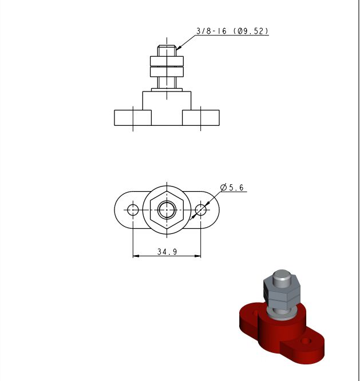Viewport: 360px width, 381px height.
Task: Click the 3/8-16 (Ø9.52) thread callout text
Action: [232, 31]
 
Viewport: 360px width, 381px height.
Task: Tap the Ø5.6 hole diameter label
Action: [232, 187]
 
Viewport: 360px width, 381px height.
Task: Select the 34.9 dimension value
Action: [167, 252]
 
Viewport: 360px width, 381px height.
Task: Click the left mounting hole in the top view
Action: [133, 210]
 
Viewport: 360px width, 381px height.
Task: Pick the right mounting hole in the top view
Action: [201, 210]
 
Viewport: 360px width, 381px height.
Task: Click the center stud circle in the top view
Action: [167, 210]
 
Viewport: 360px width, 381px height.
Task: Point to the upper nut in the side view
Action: [167, 61]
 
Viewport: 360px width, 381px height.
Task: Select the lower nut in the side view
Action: [167, 72]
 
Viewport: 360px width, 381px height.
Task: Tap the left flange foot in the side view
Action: [133, 118]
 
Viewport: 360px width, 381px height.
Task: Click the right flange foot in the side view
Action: [201, 118]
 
